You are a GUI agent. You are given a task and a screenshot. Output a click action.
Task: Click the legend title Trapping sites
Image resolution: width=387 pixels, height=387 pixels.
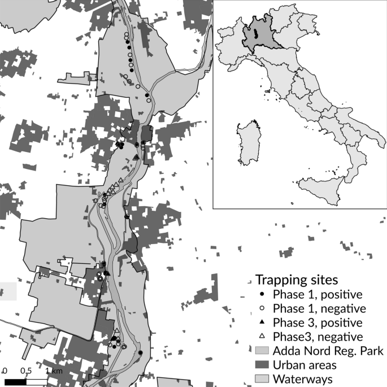click(297, 279)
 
